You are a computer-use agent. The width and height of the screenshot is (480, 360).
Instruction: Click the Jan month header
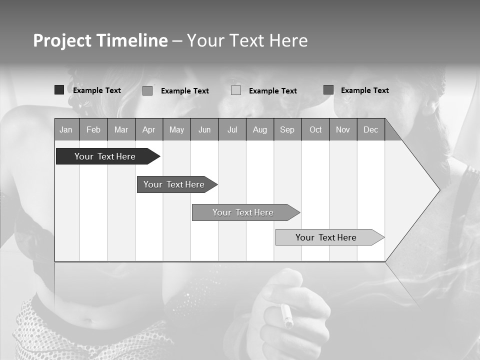[x=66, y=129]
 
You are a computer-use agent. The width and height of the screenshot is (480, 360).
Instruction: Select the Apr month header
[x=148, y=129]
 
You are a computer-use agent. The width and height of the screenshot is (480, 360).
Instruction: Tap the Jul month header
[x=232, y=129]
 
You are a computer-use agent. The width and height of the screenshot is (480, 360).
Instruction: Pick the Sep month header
[x=287, y=129]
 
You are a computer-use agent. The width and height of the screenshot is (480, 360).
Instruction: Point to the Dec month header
[x=370, y=129]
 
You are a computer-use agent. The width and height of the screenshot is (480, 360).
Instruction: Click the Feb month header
[x=93, y=129]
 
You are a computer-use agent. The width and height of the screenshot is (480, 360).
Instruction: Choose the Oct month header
[x=315, y=129]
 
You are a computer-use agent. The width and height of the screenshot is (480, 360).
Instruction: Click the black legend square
[x=59, y=90]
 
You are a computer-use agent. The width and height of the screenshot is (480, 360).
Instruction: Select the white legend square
[x=236, y=90]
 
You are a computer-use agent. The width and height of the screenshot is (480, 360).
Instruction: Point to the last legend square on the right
[x=328, y=90]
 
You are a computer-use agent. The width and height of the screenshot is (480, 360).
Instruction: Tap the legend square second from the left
[x=147, y=90]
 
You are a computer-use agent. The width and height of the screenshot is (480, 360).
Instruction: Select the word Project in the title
[x=62, y=40]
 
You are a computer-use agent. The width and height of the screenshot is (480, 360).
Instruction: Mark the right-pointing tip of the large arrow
[x=439, y=190]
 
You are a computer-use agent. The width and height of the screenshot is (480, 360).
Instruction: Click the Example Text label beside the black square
[x=97, y=90]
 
